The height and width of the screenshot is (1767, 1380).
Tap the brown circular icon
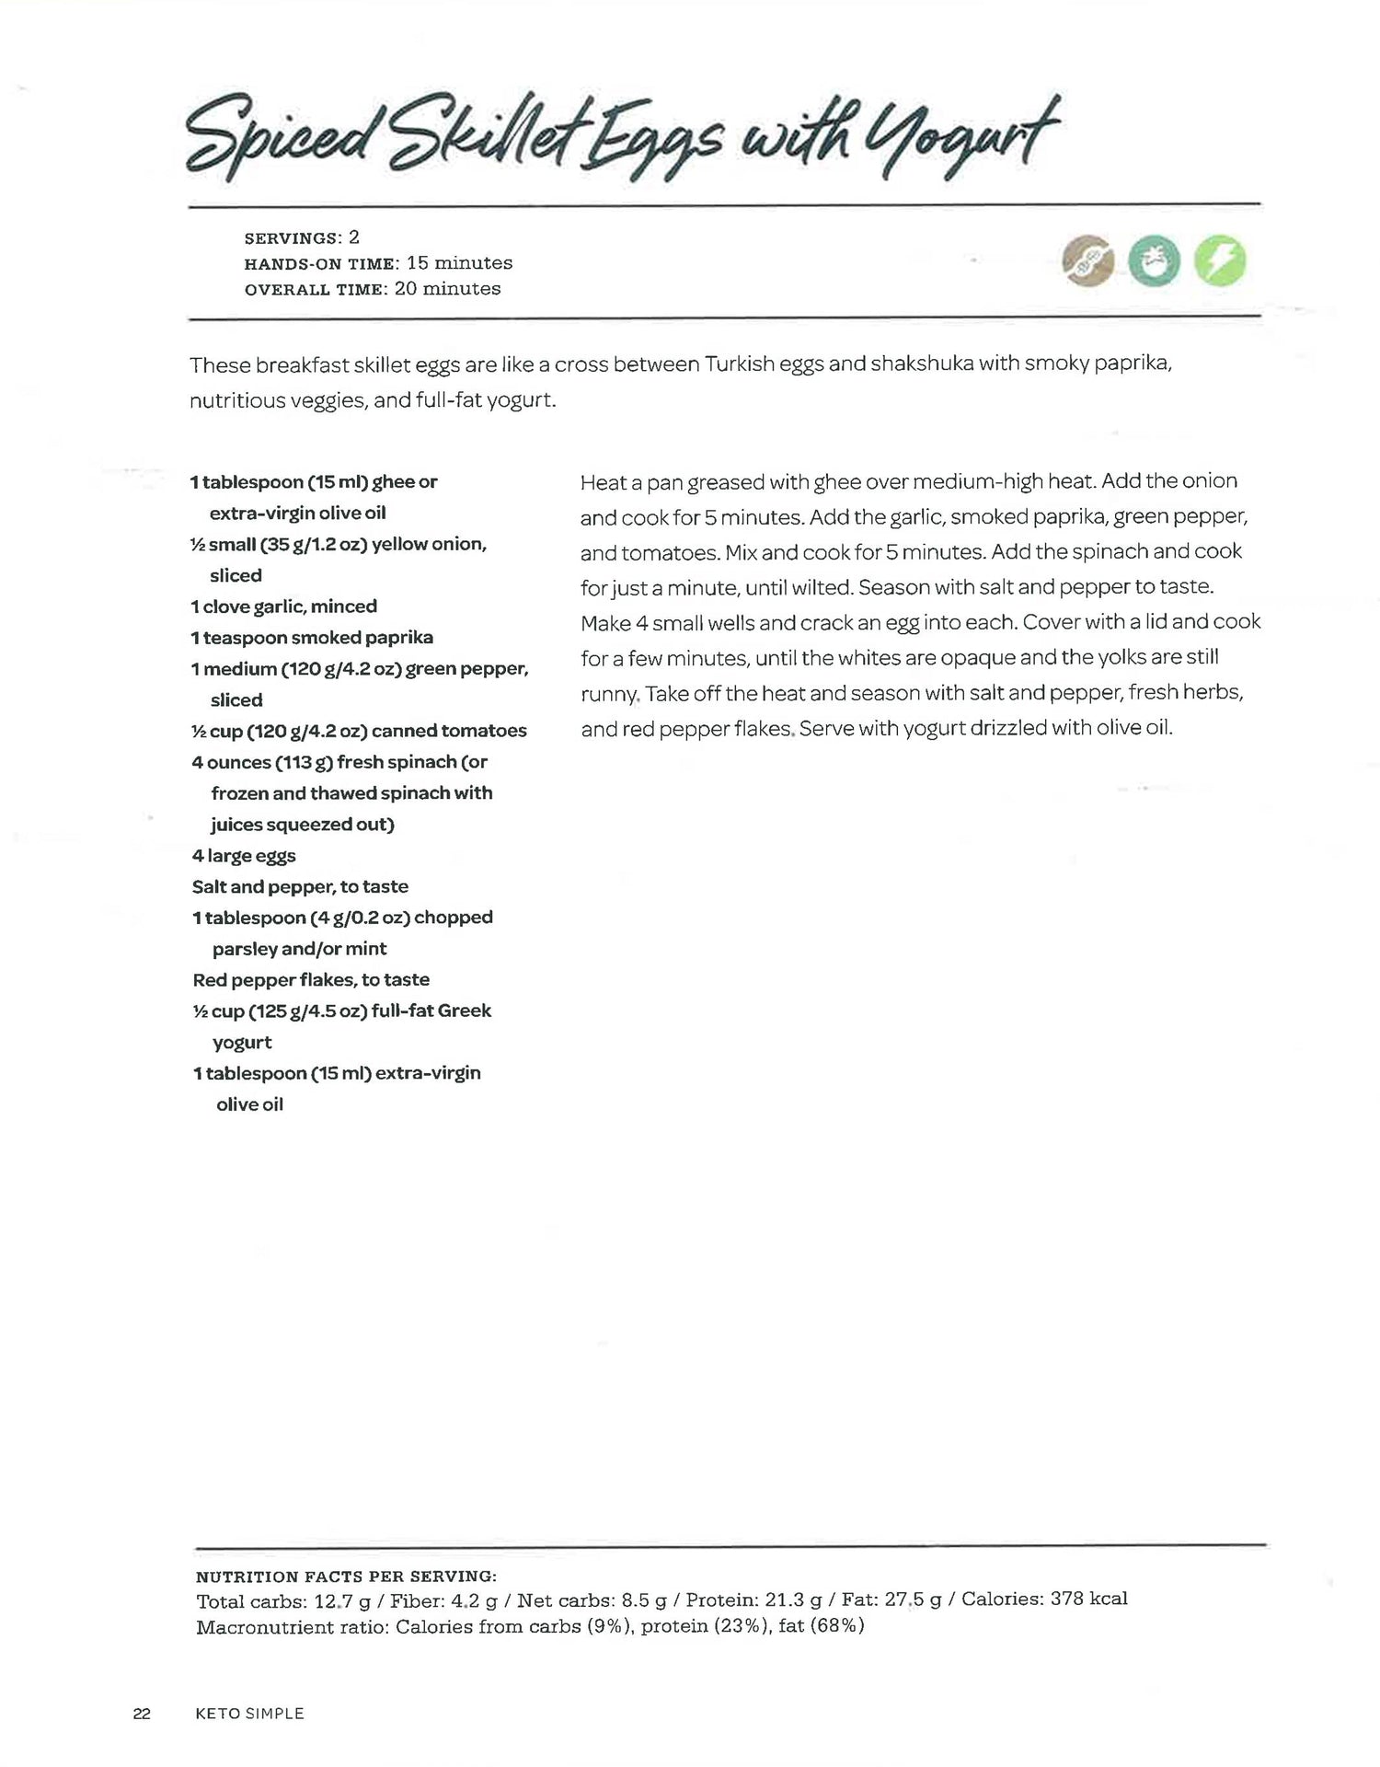point(1087,261)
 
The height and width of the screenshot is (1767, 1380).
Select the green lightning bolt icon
point(1220,261)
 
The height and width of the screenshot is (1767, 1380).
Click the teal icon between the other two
point(1155,261)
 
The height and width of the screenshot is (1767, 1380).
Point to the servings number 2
point(353,237)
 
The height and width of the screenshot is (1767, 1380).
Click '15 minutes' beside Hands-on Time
point(459,263)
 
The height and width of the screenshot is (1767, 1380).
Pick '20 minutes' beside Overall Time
point(447,289)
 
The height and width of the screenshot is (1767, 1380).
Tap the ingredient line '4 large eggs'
point(244,856)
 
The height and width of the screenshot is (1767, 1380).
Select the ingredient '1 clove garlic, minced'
point(284,606)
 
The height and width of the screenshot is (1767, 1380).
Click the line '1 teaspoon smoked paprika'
point(312,638)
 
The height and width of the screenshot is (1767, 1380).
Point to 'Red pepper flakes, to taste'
point(311,980)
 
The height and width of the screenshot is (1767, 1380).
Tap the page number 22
point(142,1714)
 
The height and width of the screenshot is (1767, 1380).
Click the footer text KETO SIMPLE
point(249,1714)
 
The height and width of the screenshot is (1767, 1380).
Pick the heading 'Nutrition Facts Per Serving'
point(346,1576)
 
